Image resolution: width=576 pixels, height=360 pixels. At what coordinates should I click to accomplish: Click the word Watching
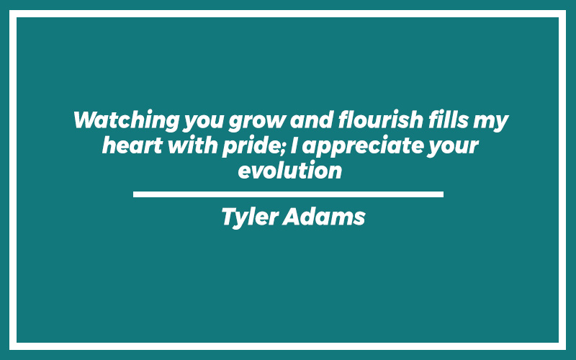127,120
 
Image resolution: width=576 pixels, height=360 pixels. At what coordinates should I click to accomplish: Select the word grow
257,122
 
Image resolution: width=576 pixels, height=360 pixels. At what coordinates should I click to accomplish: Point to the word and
312,120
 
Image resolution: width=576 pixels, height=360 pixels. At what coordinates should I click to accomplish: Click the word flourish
381,120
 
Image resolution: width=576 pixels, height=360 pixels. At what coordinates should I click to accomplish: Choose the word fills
448,120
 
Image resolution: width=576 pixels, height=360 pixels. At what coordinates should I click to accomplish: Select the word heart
132,145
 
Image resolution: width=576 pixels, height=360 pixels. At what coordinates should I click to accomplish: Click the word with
192,145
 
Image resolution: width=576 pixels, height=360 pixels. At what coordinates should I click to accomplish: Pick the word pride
251,147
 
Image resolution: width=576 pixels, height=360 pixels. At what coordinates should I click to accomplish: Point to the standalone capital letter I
294,145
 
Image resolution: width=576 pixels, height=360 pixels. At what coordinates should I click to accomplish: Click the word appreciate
362,147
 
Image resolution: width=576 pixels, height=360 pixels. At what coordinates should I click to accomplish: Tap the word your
453,148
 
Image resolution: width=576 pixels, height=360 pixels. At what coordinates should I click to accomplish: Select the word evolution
290,171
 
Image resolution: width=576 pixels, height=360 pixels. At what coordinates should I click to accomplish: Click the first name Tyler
251,217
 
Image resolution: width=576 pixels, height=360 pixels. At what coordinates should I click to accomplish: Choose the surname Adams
324,216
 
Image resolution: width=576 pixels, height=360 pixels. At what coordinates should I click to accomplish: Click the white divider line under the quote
289,194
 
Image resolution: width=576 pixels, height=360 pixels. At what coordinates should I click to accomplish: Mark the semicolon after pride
284,148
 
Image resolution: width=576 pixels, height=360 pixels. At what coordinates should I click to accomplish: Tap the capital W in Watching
86,120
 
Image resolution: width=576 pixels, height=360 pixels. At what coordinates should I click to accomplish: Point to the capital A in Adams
292,217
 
